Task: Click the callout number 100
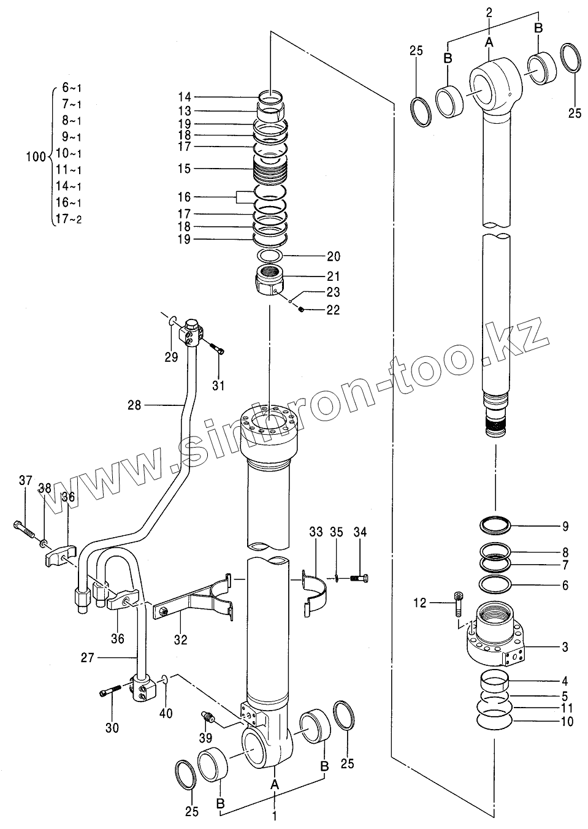point(35,157)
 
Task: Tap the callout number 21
point(333,277)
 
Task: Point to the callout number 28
point(135,405)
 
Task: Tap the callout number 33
point(315,532)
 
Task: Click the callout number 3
point(565,647)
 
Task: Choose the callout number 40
point(166,714)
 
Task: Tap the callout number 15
point(184,169)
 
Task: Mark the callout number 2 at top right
point(489,12)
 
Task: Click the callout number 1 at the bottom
point(275,816)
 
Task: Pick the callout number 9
point(565,526)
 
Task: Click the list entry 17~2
point(68,219)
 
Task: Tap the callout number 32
point(180,639)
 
